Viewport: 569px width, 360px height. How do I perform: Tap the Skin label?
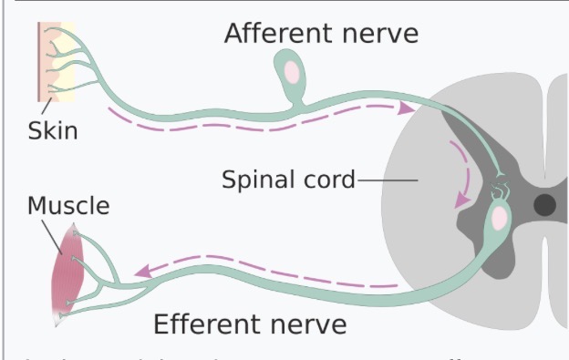[52, 130]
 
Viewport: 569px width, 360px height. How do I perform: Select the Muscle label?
[67, 205]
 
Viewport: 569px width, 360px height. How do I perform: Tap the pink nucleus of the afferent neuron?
[290, 69]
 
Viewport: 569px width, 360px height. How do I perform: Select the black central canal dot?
[544, 204]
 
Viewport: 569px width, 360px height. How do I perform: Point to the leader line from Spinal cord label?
[388, 180]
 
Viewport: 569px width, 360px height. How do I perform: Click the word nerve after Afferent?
[379, 34]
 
